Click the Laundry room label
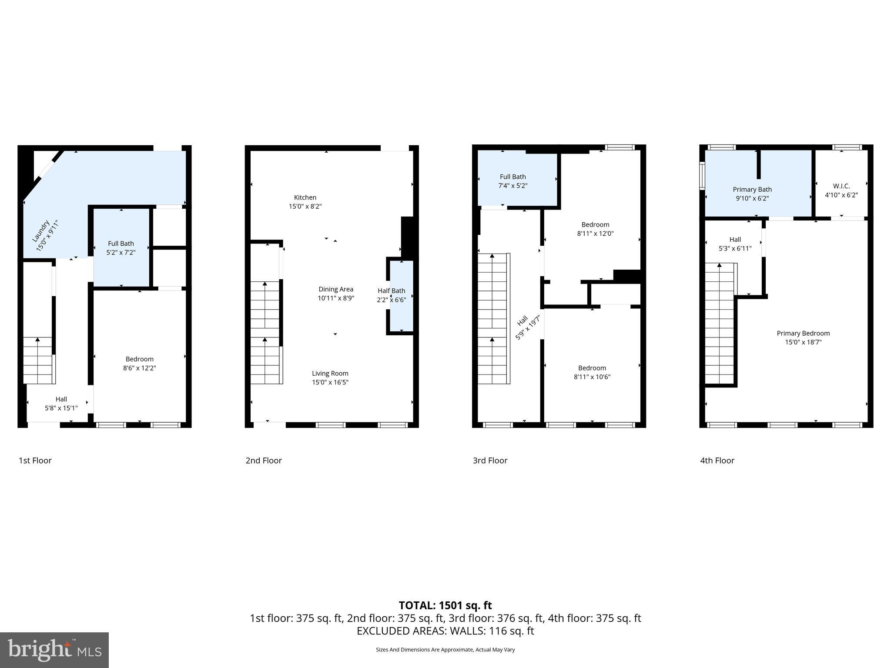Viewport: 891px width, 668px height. tap(41, 230)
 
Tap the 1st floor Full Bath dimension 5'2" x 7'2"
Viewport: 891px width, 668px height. tap(121, 252)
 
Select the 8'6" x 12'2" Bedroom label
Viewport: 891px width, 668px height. tap(140, 359)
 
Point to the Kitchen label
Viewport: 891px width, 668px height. tap(305, 197)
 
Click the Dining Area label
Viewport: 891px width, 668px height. tap(335, 289)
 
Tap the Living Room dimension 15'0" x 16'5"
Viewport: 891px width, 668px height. tap(330, 382)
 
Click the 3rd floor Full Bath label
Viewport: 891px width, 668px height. tap(512, 177)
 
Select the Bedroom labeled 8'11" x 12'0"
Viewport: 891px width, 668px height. tap(595, 225)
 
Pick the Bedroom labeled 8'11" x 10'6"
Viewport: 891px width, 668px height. tap(592, 368)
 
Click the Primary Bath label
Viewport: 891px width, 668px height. tap(752, 189)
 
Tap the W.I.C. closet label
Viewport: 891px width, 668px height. tap(841, 186)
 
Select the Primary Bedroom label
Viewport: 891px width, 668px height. tap(803, 334)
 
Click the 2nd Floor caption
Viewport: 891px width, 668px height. tap(264, 461)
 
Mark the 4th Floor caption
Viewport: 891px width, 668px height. tap(717, 461)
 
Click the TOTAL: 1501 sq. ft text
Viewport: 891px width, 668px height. tap(445, 605)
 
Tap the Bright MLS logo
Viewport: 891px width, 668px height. tap(54, 650)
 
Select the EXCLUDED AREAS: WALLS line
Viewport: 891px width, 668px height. tap(445, 631)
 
